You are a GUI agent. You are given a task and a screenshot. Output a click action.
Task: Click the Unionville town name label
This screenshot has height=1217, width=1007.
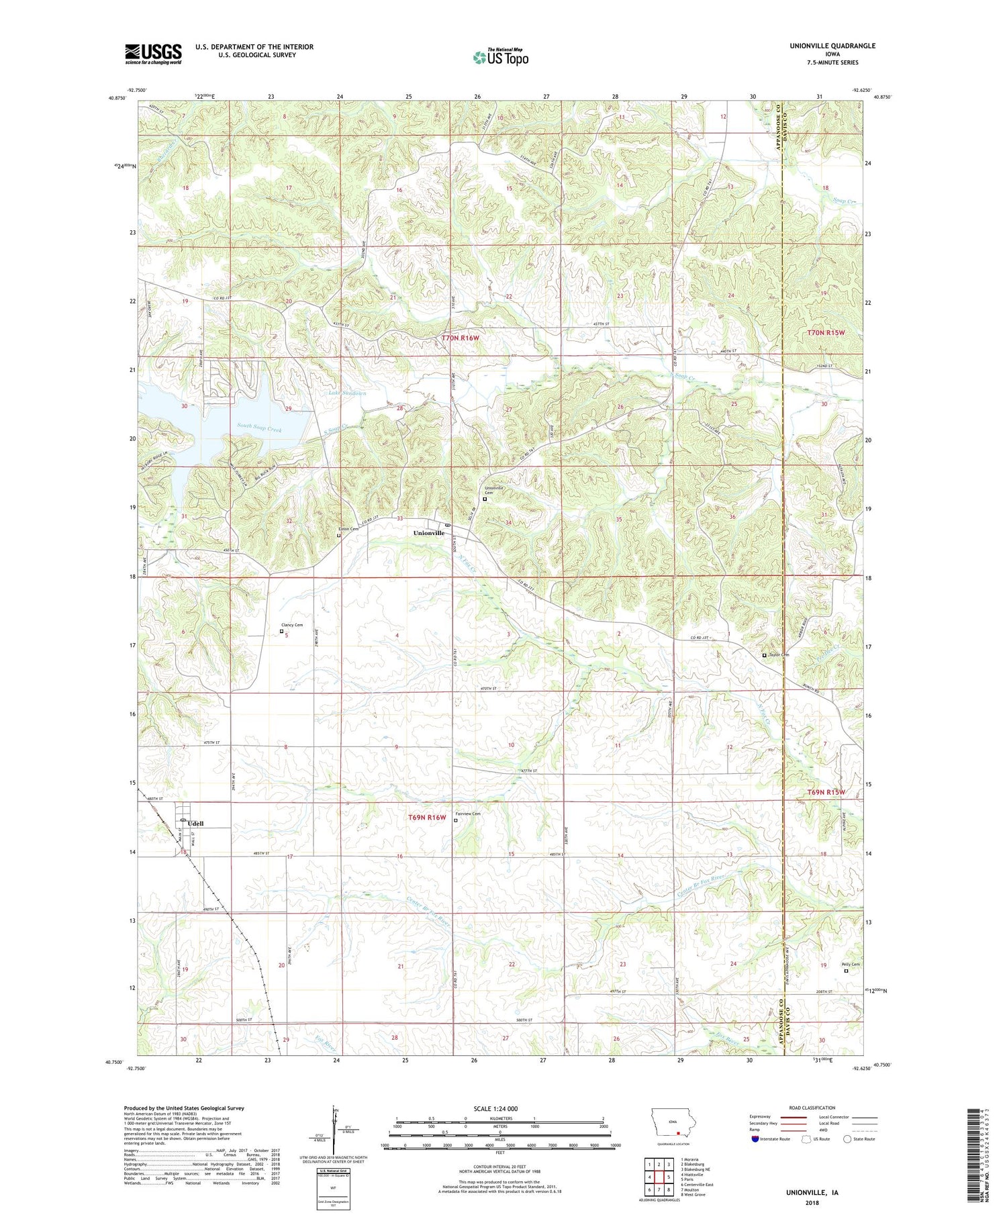coord(428,533)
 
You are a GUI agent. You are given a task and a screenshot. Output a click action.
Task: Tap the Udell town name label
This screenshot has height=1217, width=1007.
coord(195,824)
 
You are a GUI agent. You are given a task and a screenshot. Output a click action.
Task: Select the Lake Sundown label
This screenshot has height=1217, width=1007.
coord(347,393)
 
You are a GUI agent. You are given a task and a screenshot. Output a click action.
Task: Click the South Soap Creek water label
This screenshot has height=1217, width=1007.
coord(259,428)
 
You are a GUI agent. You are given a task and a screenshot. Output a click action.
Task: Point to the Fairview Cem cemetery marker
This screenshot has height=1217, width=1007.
coord(456,820)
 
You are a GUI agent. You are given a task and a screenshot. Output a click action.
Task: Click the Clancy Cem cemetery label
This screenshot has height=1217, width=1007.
coord(292,625)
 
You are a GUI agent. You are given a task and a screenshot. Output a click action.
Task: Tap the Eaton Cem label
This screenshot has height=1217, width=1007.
coord(348,529)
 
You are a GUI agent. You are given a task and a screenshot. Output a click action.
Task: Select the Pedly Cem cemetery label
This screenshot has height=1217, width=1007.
coord(850,965)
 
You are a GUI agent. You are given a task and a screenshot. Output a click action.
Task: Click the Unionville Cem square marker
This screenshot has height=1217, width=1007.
coord(485,499)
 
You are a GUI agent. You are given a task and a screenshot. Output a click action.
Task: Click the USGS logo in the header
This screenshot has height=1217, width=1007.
coord(153,54)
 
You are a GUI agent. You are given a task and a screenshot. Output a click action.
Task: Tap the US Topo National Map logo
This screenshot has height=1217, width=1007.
coord(500,57)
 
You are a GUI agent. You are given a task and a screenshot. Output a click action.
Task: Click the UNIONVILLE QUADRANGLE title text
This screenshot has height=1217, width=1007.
coord(832,46)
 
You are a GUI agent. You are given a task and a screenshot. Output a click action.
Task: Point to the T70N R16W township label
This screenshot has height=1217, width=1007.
coord(460,338)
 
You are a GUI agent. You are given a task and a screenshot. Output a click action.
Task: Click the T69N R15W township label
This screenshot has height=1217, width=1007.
coord(825,792)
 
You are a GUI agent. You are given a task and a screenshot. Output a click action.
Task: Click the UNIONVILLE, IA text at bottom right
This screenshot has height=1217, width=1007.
coord(812,1193)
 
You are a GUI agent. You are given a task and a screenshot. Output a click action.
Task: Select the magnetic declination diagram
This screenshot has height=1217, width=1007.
coord(336,1128)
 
